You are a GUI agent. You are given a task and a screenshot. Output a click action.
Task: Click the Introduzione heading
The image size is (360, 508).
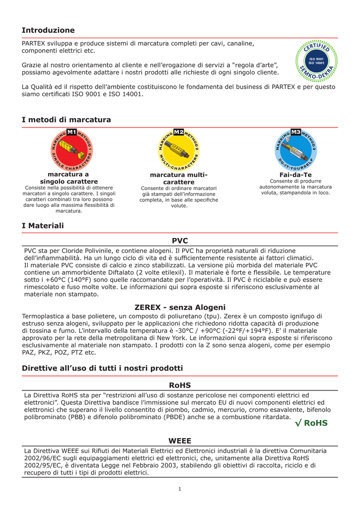[x=48, y=30]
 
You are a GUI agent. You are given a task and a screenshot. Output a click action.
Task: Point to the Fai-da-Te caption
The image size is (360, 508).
[x=295, y=175]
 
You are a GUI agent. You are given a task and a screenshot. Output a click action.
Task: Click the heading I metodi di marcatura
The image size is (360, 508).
[x=66, y=120]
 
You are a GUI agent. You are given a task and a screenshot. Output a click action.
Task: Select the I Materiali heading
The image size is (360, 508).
[x=43, y=226]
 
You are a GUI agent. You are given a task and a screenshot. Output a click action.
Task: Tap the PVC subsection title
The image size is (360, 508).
[x=180, y=241]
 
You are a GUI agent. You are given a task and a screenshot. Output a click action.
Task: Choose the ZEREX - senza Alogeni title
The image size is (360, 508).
[x=180, y=307]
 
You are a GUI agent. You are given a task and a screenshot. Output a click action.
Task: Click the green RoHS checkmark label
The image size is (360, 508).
[x=311, y=423]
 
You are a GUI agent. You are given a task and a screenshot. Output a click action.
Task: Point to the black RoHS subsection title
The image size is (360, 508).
[x=180, y=385]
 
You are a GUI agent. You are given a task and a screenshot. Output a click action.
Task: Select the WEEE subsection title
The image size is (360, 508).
[x=180, y=441]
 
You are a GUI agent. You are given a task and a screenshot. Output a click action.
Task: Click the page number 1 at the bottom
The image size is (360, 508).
[x=180, y=489]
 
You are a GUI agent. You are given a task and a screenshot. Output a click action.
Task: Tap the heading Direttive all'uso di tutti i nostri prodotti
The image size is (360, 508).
[x=102, y=368]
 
